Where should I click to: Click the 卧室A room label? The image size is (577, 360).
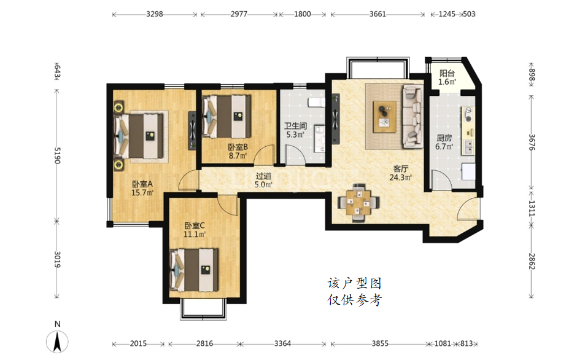click(142, 184)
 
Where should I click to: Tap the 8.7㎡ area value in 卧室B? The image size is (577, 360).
click(238, 155)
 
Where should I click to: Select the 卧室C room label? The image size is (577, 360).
click(195, 225)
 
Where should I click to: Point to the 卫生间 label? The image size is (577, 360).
click(295, 126)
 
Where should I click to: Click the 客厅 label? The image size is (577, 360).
click(400, 169)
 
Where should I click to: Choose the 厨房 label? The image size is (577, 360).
click(444, 138)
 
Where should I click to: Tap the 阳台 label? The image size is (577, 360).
click(447, 73)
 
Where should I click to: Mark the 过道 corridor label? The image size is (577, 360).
click(263, 176)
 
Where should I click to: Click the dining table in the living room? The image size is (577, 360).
click(359, 203)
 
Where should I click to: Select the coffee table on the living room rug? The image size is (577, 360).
click(385, 117)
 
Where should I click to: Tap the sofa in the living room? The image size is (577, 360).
click(412, 117)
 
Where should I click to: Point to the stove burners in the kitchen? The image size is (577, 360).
click(468, 114)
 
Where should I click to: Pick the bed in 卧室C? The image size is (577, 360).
click(194, 270)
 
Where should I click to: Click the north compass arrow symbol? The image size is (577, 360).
click(57, 341)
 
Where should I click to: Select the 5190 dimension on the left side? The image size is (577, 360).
click(57, 155)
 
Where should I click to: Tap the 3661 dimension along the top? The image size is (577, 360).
click(378, 14)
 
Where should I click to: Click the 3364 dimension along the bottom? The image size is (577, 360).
click(282, 343)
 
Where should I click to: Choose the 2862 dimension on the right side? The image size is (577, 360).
click(532, 261)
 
